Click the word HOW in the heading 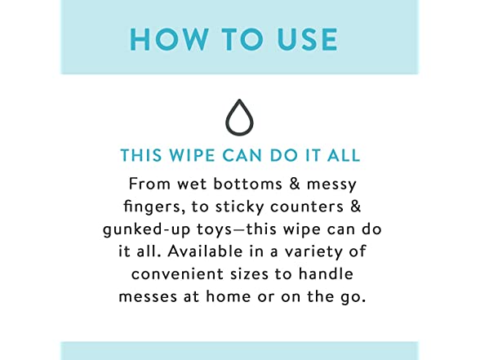click(x=169, y=39)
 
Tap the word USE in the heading click(x=307, y=39)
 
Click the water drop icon click(x=240, y=118)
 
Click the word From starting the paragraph click(x=149, y=184)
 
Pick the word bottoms click(x=247, y=184)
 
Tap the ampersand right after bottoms click(x=295, y=184)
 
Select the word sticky click(x=240, y=207)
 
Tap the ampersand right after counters click(x=355, y=207)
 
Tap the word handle click(x=326, y=273)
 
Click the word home click(x=229, y=296)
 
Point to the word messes click(x=148, y=296)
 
